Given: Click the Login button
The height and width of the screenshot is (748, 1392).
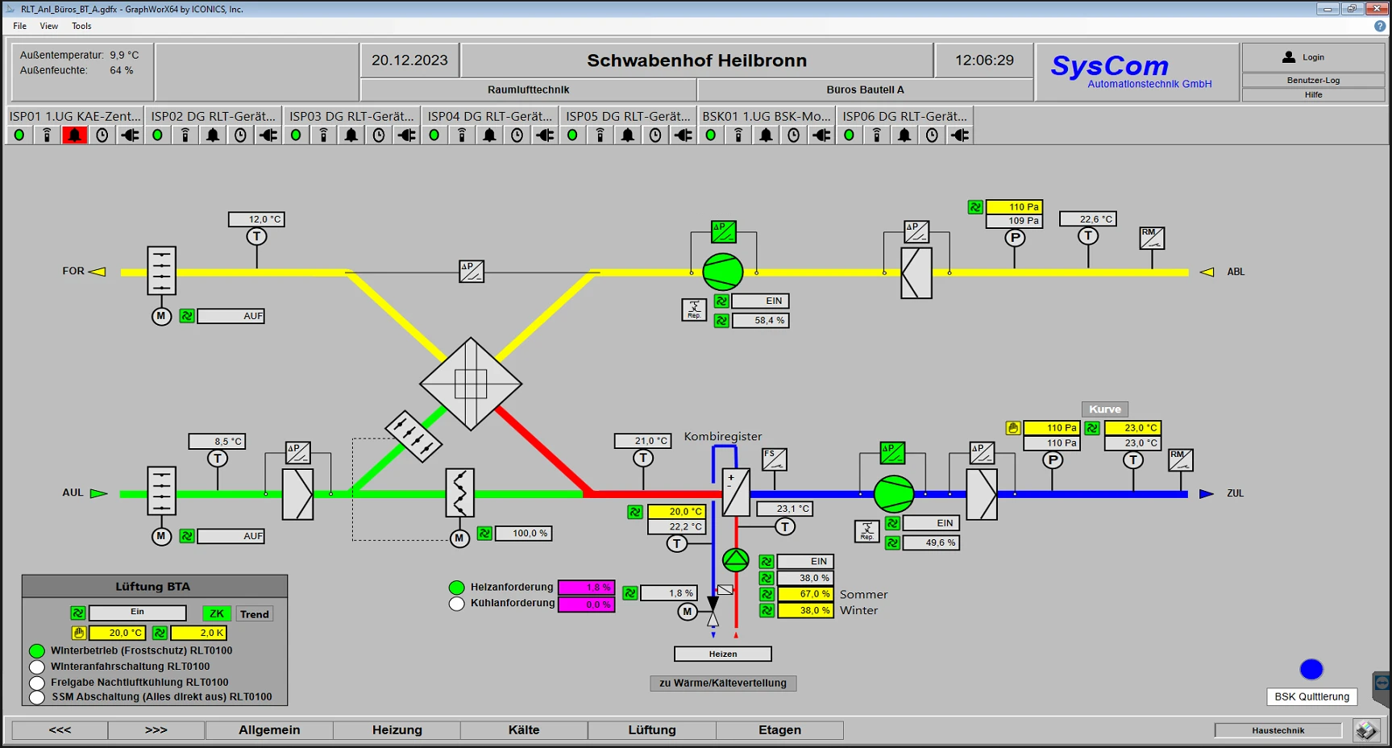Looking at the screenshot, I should pyautogui.click(x=1312, y=57).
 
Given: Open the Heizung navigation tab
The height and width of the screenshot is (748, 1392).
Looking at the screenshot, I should pyautogui.click(x=397, y=729).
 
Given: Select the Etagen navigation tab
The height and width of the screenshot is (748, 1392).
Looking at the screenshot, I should pyautogui.click(x=779, y=729).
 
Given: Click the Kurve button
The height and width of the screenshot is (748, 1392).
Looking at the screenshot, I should pyautogui.click(x=1104, y=409).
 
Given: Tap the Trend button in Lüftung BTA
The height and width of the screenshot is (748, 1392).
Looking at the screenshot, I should pyautogui.click(x=254, y=614).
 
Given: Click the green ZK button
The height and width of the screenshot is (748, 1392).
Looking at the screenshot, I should pyautogui.click(x=216, y=613).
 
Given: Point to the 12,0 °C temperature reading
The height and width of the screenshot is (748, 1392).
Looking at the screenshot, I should pyautogui.click(x=256, y=219).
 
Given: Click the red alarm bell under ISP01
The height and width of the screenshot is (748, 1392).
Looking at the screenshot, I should pyautogui.click(x=74, y=135).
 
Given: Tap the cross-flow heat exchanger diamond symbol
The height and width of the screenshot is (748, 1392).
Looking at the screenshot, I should pyautogui.click(x=471, y=384).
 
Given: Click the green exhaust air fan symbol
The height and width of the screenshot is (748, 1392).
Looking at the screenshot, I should pyautogui.click(x=722, y=272).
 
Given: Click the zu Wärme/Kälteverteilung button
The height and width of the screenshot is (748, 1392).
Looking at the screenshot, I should pyautogui.click(x=723, y=683).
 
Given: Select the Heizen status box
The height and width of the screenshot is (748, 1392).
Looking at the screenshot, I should pyautogui.click(x=722, y=654).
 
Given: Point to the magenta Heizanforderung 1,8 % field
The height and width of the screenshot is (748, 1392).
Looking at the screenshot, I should pyautogui.click(x=586, y=588).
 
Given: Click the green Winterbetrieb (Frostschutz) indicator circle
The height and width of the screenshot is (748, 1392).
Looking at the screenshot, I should pyautogui.click(x=37, y=650).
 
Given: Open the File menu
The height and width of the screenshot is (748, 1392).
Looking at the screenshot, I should pyautogui.click(x=20, y=26).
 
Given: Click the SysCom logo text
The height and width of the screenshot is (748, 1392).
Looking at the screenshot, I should pyautogui.click(x=1109, y=65).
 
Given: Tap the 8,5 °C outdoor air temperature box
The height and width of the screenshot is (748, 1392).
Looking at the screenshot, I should pyautogui.click(x=217, y=441).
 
